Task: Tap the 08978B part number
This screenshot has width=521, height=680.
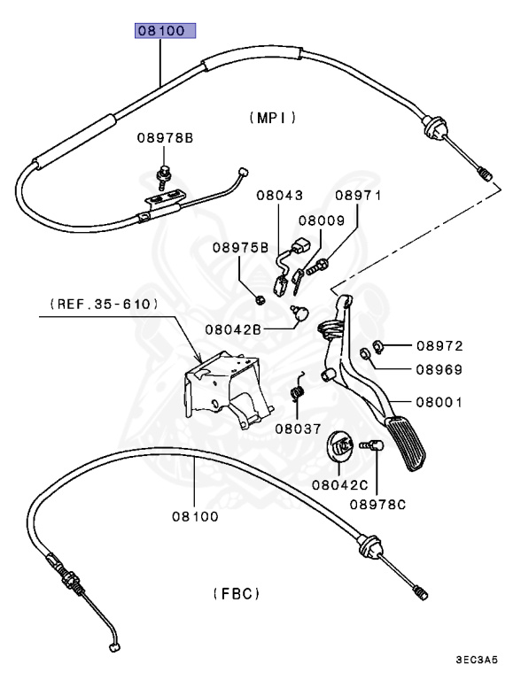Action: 164,138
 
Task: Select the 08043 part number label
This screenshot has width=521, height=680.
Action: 280,196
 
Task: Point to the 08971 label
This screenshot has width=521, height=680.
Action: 357,196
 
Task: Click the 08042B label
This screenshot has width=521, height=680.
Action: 234,328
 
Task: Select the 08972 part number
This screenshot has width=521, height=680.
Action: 440,345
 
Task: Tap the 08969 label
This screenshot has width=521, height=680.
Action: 440,370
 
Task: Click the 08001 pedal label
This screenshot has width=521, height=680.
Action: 440,402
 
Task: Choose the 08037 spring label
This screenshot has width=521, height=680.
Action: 297,428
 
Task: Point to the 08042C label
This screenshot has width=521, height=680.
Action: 339,484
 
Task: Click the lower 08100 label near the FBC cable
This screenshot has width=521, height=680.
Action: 196,515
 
